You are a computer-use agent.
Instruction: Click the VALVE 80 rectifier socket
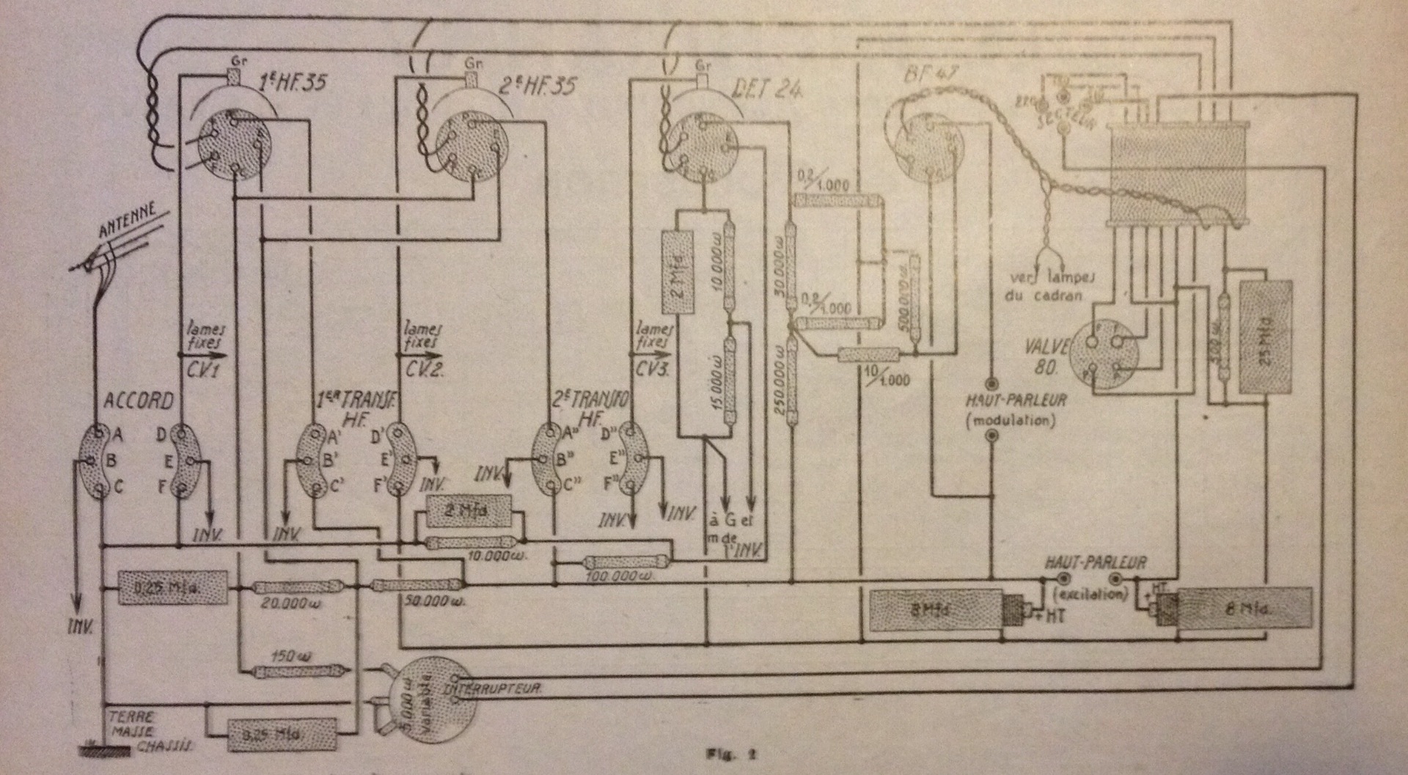[1101, 354]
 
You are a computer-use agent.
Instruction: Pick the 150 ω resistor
[293, 671]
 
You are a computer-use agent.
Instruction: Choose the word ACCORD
[139, 401]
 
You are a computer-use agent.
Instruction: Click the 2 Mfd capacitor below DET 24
[678, 273]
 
